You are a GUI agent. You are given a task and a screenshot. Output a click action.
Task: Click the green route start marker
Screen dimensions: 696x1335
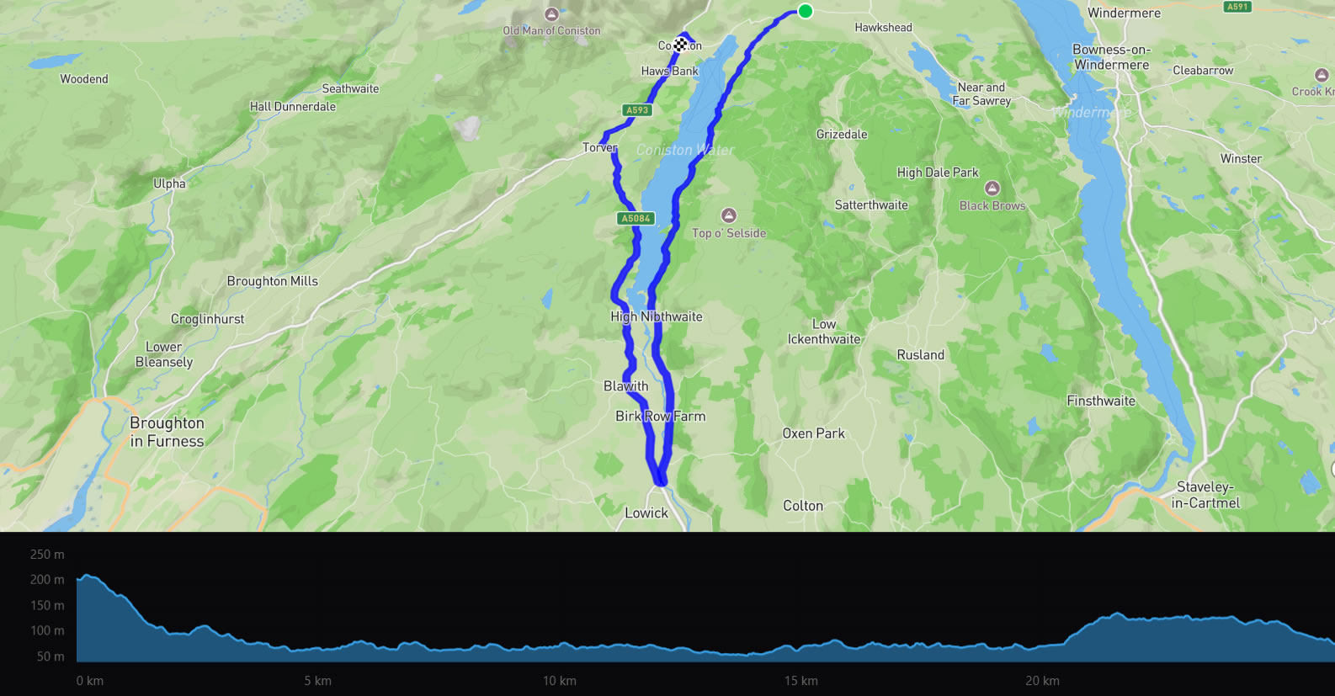(x=806, y=11)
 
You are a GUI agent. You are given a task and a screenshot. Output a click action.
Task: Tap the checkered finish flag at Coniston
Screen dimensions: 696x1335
(x=680, y=45)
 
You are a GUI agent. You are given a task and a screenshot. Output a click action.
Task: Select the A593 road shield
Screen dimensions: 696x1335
(x=637, y=110)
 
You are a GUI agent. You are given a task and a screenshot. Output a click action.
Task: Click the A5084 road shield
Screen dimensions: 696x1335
(x=636, y=219)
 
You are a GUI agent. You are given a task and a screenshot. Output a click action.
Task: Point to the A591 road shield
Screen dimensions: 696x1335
(x=1237, y=6)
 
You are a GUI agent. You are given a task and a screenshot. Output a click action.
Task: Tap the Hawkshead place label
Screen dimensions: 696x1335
(x=883, y=28)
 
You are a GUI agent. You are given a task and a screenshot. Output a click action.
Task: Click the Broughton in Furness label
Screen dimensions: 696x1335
(x=167, y=432)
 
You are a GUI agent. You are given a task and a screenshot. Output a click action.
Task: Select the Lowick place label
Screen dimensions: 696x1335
(x=646, y=513)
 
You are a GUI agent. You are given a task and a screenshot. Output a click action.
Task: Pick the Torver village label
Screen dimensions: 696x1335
(x=600, y=147)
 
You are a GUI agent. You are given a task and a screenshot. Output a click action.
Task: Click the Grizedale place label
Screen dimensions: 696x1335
(x=842, y=135)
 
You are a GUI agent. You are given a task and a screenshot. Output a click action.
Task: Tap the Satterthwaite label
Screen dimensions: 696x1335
(x=871, y=205)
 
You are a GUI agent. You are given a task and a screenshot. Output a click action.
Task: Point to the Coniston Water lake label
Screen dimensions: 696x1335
(x=685, y=150)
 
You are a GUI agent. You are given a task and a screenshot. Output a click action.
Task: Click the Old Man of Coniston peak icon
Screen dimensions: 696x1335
(x=551, y=14)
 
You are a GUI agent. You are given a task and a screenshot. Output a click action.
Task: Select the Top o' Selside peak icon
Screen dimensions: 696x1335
(x=729, y=215)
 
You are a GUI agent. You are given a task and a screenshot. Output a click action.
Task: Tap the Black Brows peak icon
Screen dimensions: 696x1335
(x=992, y=189)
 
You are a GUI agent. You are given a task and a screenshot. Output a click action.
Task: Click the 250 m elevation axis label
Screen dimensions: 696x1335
(x=47, y=555)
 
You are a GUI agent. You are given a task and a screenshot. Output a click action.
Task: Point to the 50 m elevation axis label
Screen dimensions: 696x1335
(x=51, y=656)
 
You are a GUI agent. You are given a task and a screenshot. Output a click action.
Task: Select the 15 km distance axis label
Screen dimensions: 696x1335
(x=800, y=681)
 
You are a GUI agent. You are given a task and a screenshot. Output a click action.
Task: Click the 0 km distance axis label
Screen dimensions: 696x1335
(x=90, y=681)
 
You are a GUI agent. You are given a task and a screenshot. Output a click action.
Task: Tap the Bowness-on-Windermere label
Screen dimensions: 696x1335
(x=1111, y=57)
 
